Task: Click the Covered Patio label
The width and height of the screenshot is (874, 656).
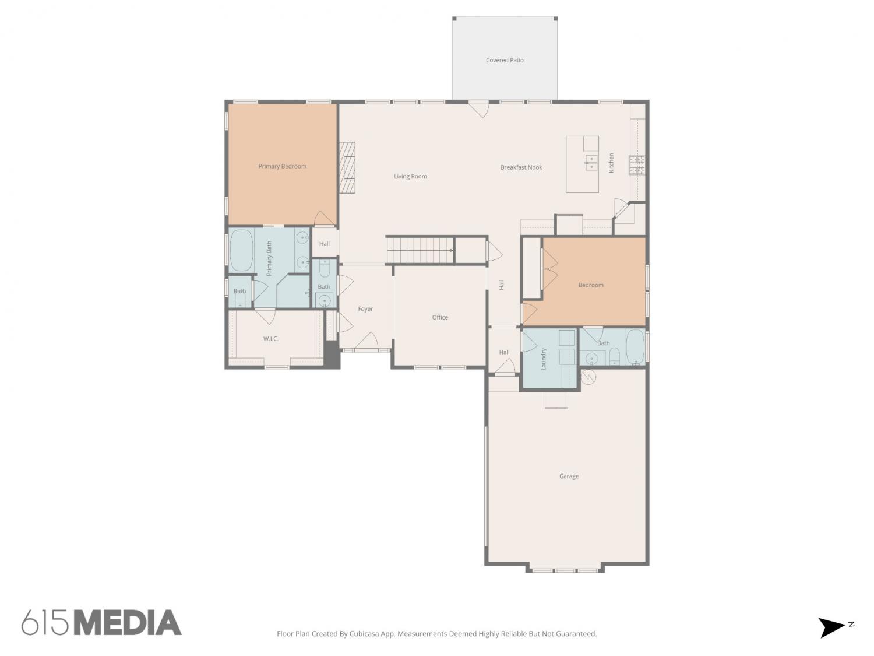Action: click(504, 60)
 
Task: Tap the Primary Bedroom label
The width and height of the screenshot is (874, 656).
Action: click(282, 166)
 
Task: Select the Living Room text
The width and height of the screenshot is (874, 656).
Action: click(410, 176)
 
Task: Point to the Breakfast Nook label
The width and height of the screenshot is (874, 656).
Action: click(521, 167)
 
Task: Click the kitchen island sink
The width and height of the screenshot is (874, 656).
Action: click(591, 162)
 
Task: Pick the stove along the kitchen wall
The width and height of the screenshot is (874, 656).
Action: click(636, 165)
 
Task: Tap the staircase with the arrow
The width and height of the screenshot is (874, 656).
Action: click(420, 250)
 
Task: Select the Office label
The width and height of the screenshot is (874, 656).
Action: click(439, 317)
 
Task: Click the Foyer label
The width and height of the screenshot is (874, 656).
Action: click(365, 308)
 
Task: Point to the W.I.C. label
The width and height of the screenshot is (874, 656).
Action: click(270, 339)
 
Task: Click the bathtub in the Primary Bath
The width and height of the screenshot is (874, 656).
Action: click(241, 250)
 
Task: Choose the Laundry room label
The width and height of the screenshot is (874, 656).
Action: click(544, 359)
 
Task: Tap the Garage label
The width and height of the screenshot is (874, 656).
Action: click(568, 476)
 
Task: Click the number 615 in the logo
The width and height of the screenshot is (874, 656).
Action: click(45, 623)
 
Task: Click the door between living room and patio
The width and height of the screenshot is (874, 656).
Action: click(478, 109)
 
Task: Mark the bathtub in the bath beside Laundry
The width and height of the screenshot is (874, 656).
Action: click(635, 346)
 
